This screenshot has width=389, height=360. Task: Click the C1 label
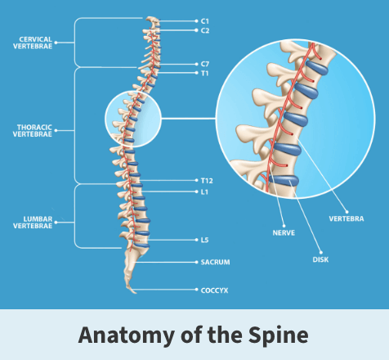[x=205, y=21]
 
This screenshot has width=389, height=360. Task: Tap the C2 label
[x=205, y=30]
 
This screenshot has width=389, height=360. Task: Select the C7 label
[x=205, y=64]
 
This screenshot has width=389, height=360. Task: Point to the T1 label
[x=204, y=74]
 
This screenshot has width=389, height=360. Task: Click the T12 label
[x=207, y=181]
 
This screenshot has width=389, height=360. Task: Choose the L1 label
[x=204, y=192]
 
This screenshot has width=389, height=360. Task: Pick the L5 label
[x=204, y=240]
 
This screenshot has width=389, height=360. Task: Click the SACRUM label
[x=215, y=263]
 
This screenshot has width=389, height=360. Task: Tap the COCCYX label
[x=214, y=290]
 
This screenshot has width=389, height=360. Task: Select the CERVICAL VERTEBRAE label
[x=33, y=43]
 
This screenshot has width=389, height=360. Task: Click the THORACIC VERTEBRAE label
[x=33, y=131]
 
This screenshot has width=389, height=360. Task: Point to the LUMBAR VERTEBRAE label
[x=33, y=223]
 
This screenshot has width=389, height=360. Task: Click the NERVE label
[x=284, y=233]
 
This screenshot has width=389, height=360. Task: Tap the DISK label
[x=320, y=259]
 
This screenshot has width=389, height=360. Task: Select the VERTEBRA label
[x=347, y=218]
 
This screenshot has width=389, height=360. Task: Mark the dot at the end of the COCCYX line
[x=197, y=290]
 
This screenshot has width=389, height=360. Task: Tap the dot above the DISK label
[x=321, y=252]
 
